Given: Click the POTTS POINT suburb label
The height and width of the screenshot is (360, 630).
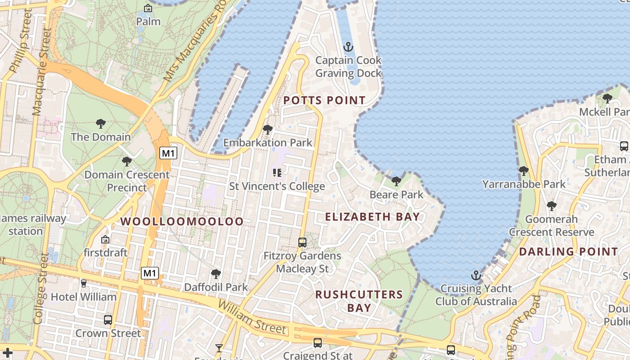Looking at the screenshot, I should tap(324, 100).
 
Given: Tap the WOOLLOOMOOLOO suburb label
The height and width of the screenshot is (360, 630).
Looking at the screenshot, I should tap(182, 221).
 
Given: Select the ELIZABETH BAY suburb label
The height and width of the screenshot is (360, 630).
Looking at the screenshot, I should tap(373, 217).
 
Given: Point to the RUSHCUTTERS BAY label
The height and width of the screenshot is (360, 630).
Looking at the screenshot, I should tap(359, 301).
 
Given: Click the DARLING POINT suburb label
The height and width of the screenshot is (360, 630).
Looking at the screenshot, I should tap(569, 252).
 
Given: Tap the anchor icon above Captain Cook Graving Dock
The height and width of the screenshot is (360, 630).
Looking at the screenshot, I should tap(348, 47).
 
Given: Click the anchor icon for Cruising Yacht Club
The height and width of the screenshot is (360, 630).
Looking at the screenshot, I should tap(476, 275).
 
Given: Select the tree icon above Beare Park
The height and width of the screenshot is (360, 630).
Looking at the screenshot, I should tap(396, 181).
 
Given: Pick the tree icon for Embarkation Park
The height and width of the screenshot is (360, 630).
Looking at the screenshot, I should tap(268, 130).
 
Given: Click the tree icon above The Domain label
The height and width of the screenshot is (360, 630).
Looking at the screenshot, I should tap(101, 124).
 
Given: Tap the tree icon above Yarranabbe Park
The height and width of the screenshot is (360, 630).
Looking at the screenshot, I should tap(523, 171).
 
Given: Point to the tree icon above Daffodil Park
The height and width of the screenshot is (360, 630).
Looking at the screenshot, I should tap(216, 274).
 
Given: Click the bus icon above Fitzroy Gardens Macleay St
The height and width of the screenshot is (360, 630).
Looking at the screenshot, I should tap(302, 243).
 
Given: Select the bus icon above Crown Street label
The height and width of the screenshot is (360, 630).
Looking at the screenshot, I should tap(108, 320).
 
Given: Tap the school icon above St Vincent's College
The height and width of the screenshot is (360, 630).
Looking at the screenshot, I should tap(277, 173).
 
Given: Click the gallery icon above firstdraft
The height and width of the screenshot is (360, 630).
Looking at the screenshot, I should tap(105, 239).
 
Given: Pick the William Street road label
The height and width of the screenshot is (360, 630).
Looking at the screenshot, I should tap(252, 317).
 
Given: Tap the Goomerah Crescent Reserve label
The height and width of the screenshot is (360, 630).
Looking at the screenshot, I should tap(552, 225).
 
